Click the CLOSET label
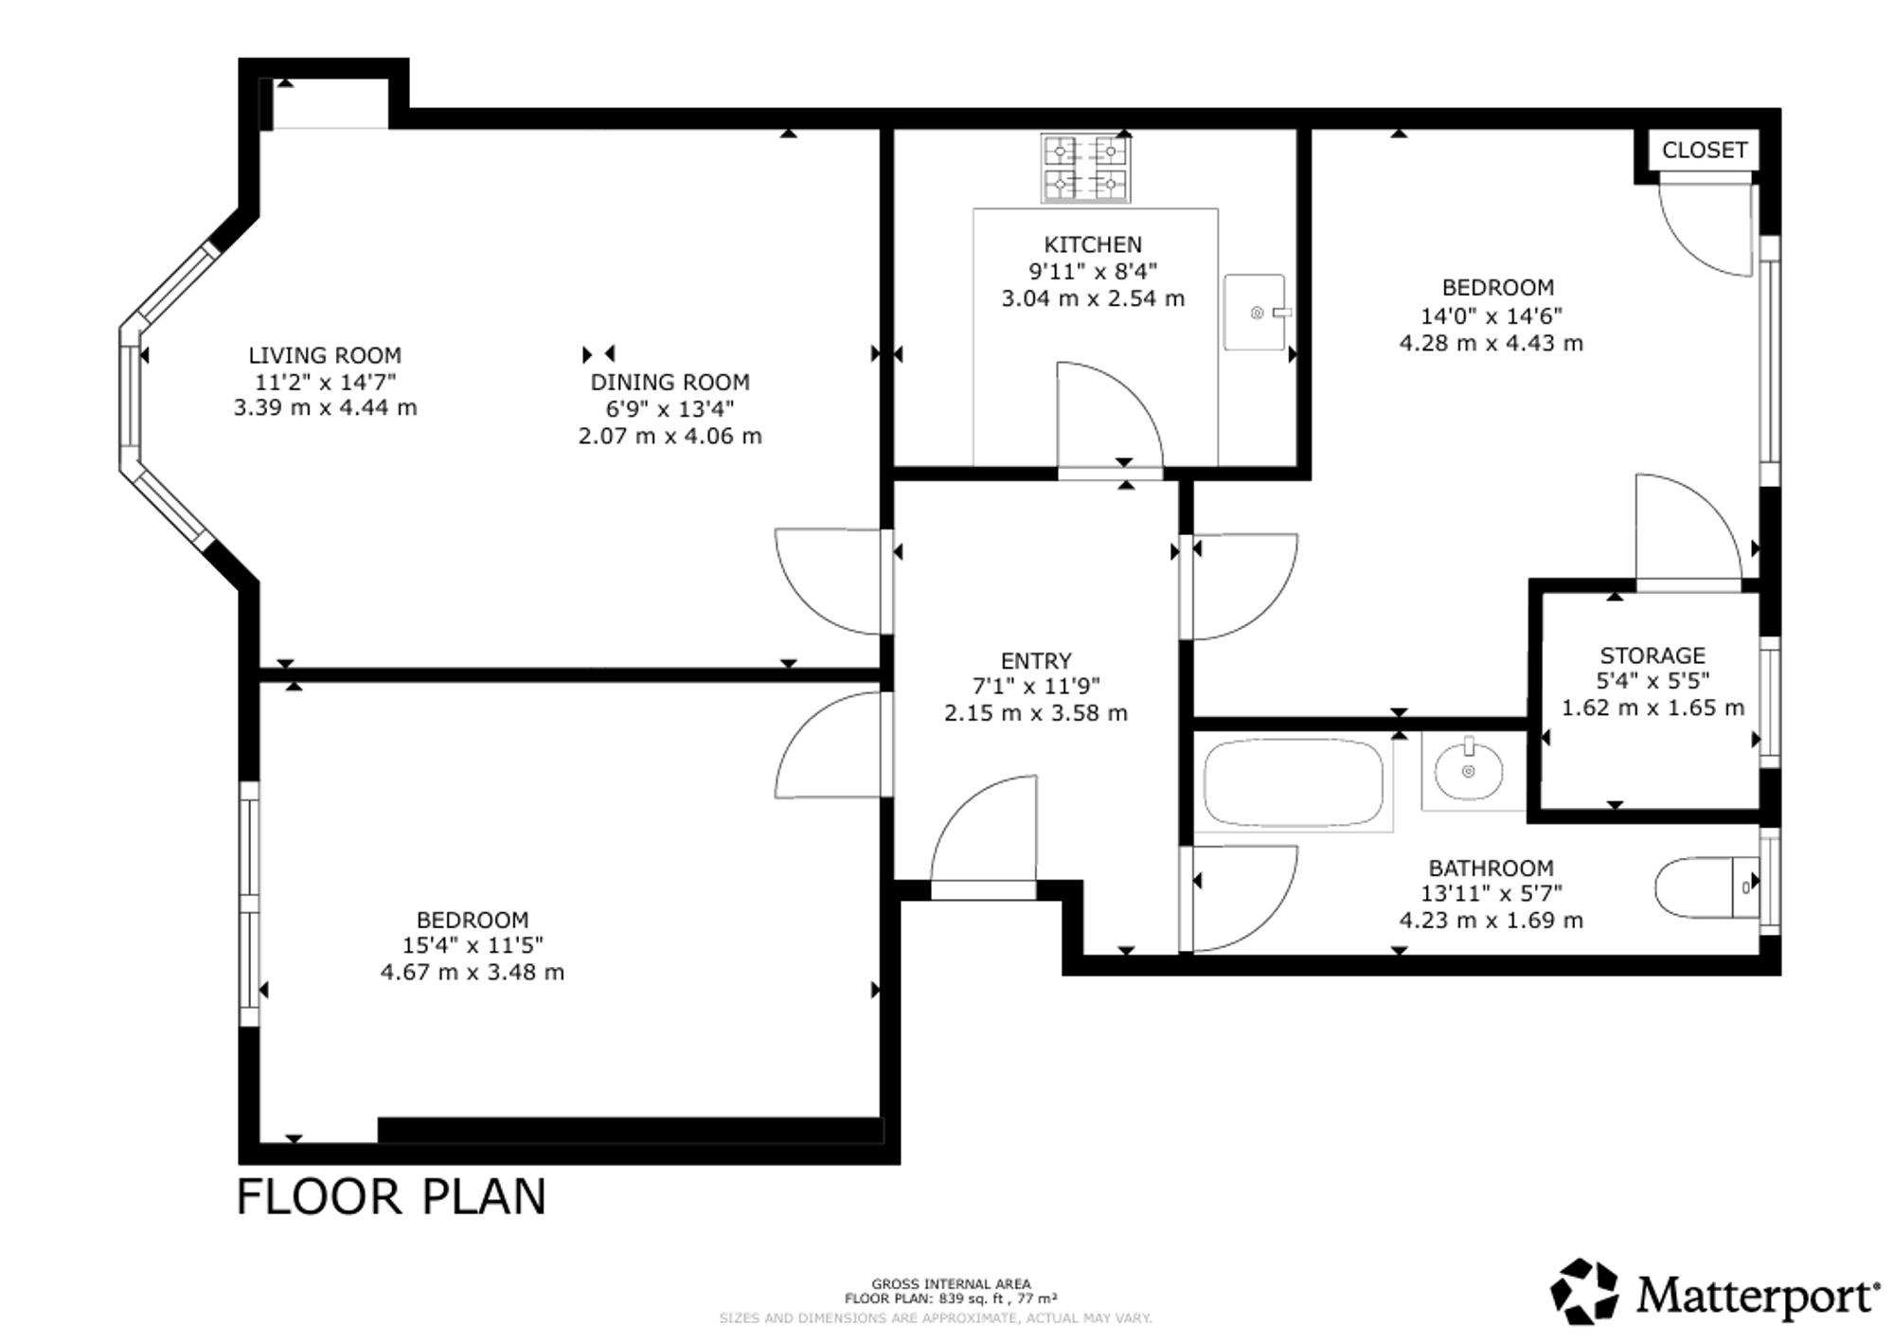tap(1705, 151)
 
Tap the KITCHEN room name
tap(1093, 244)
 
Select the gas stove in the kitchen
tap(1085, 168)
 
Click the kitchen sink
tap(1257, 313)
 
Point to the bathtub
tap(1294, 784)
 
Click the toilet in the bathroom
tap(1706, 887)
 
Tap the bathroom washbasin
tap(1469, 771)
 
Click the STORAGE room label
tap(1653, 655)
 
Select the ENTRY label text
tap(1036, 661)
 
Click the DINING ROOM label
tap(670, 383)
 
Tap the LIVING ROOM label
tap(325, 356)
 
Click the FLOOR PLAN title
tap(391, 1197)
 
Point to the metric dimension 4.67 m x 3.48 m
tap(473, 973)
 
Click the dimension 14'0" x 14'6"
tap(1491, 315)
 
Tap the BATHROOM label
tap(1491, 869)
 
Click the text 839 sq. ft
tap(961, 1299)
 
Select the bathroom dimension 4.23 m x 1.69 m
tap(1491, 921)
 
